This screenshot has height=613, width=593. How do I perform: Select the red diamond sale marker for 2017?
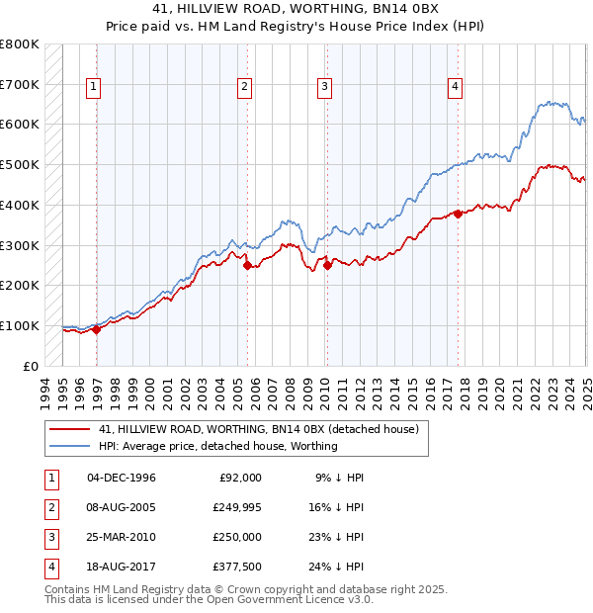458,213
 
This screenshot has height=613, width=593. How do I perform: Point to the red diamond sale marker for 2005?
247,264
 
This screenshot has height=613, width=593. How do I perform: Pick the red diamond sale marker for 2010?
327,264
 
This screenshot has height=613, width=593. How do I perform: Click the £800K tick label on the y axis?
20,44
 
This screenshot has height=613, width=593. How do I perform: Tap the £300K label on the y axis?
20,244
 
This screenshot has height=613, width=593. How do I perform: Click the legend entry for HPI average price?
218,446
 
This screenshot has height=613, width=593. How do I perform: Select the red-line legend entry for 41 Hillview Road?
260,429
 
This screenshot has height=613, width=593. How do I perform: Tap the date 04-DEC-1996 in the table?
122,478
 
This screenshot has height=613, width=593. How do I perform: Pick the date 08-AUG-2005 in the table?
122,507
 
